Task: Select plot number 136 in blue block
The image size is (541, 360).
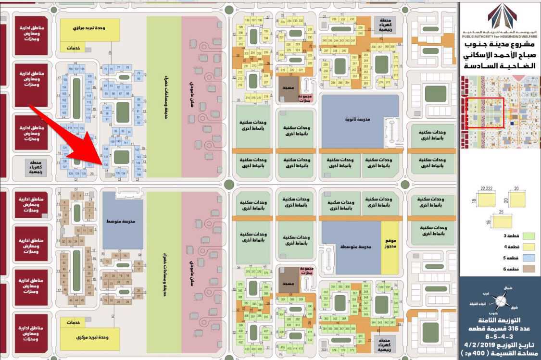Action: (106, 164)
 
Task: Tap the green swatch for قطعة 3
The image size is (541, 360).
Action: (528, 236)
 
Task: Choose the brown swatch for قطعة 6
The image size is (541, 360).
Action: (528, 269)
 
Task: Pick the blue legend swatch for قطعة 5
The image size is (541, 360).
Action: (528, 258)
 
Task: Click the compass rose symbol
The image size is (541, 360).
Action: (501, 301)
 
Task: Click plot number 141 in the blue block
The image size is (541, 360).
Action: (126, 143)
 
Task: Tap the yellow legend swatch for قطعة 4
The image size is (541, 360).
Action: (528, 247)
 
